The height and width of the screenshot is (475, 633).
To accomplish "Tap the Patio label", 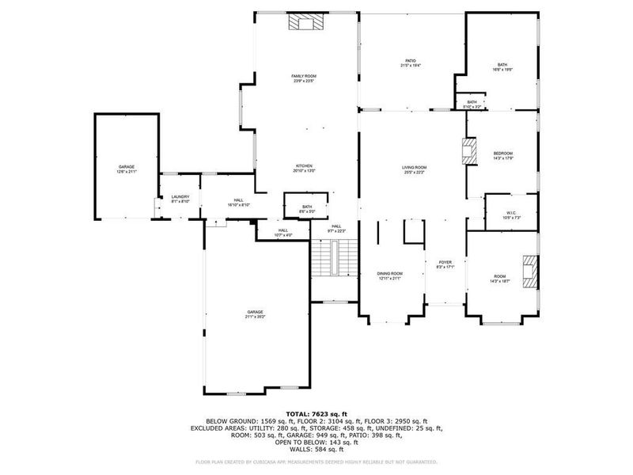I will pos(411,61).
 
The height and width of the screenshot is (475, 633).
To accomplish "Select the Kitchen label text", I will pos(305,165).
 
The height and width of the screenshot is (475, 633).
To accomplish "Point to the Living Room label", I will pos(414,167).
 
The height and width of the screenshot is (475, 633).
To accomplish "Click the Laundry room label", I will pos(180,197).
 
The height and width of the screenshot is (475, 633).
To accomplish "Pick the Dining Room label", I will pos(389,274).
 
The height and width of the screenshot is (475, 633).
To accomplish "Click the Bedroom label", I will pos(503,154).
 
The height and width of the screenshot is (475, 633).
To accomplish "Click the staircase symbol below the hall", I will pos(333,258).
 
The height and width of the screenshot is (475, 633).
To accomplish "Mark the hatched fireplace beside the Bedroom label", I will pos(470,150).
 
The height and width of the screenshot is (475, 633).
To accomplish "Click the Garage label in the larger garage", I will pos(254,312).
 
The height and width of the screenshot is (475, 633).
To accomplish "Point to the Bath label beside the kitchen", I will pos(306,207).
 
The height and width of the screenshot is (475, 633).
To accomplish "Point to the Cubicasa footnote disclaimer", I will pos(316,462).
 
